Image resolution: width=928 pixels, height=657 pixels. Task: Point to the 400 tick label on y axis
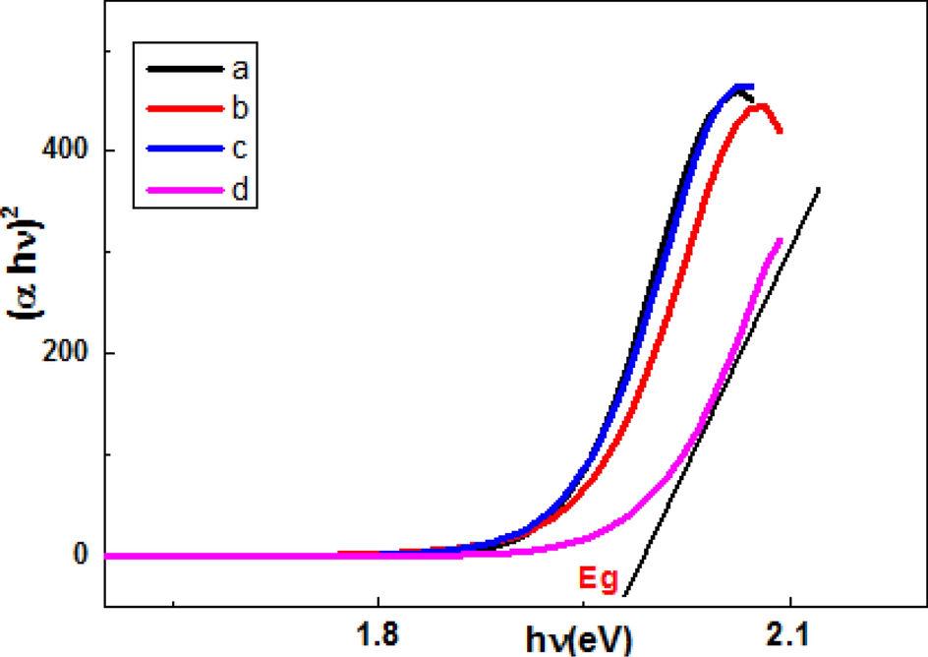[x=66, y=150]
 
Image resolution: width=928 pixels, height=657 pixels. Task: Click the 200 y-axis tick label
[x=66, y=353]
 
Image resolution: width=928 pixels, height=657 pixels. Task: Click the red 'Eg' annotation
[x=597, y=581]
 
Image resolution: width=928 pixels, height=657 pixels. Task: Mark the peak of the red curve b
[x=759, y=105]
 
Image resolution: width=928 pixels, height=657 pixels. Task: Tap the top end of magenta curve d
[x=780, y=240]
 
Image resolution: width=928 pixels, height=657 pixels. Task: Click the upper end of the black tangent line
[x=818, y=188]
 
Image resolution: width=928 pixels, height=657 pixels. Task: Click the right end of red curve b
[x=780, y=131]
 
